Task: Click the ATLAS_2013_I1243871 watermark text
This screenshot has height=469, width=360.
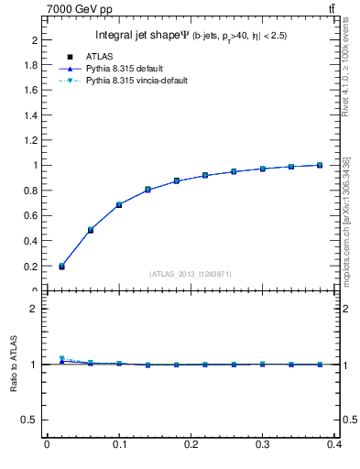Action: tap(191, 274)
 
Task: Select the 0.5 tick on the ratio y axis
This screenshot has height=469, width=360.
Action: tap(32, 420)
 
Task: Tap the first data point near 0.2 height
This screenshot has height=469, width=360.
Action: tap(61, 267)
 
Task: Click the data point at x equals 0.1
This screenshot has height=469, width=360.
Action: tap(119, 204)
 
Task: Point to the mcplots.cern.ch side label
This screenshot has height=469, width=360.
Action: tap(347, 220)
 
